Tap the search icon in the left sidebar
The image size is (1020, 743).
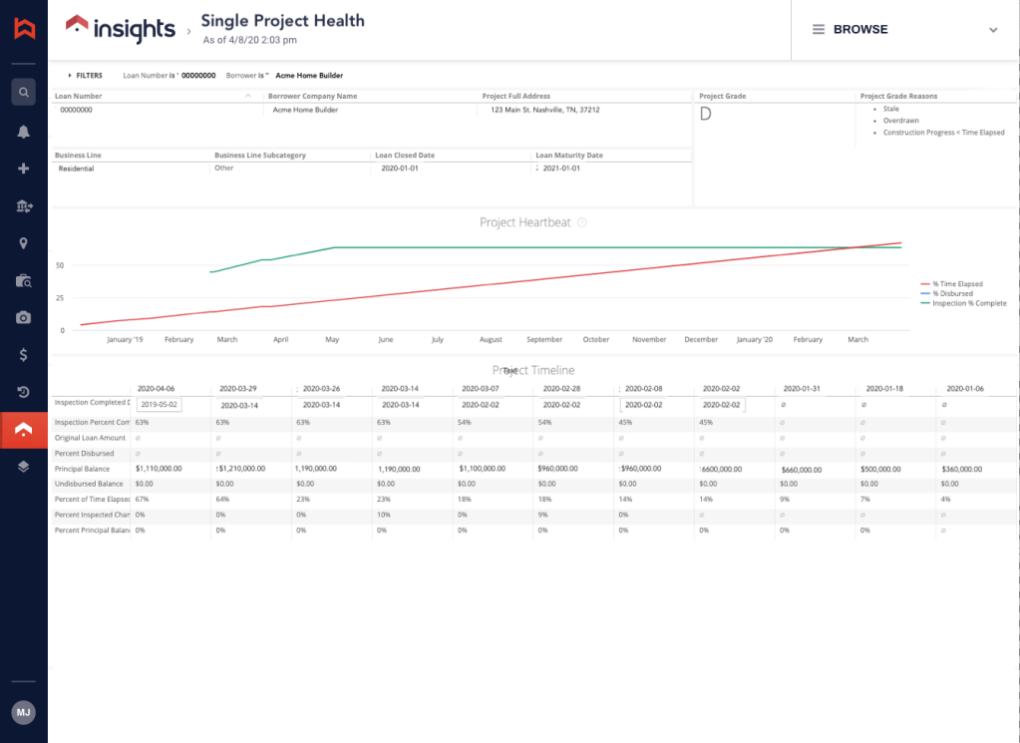point(23,93)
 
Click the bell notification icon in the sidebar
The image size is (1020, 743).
point(23,132)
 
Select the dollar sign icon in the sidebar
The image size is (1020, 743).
point(23,355)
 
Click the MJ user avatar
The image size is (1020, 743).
point(23,713)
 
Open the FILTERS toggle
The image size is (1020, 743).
point(85,75)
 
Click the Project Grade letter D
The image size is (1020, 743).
point(706,114)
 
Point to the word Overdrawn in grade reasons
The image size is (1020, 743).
point(900,120)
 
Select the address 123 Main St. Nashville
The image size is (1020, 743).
point(545,110)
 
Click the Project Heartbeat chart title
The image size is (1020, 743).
point(525,222)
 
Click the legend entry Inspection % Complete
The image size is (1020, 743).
point(968,303)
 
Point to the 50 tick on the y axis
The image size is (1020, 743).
point(60,265)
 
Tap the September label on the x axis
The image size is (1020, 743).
point(544,340)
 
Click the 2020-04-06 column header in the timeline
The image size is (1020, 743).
point(156,388)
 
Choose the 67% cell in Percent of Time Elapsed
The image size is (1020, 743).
point(143,499)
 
